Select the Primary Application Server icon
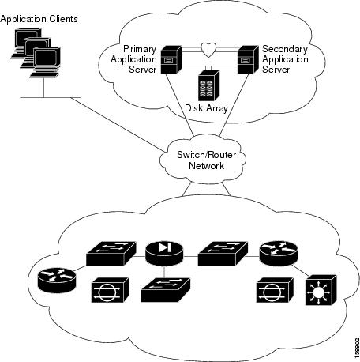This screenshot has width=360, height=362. pyautogui.click(x=171, y=58)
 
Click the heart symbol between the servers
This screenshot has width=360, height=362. pyautogui.click(x=208, y=50)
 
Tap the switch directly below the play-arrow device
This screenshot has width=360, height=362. pyautogui.click(x=163, y=290)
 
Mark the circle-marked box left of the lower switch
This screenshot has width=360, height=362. pyautogui.click(x=107, y=290)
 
